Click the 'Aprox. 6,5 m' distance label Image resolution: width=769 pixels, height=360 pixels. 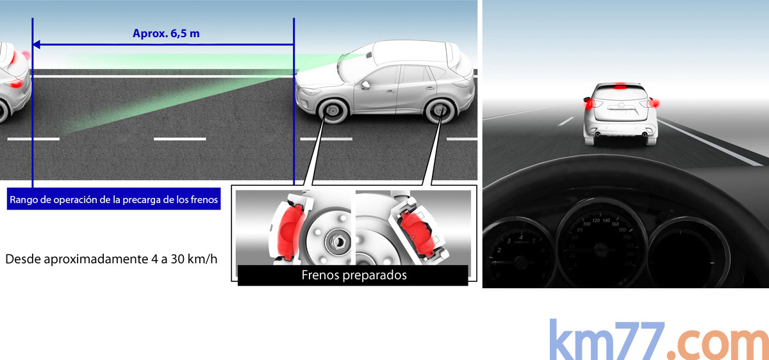(x=166, y=33)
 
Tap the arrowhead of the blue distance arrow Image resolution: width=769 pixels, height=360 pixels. (x=37, y=44)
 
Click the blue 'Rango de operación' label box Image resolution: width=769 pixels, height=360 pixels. (x=113, y=199)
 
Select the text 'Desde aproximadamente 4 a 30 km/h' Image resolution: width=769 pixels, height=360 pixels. (x=112, y=259)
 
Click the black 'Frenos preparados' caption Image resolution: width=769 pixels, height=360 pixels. (x=353, y=275)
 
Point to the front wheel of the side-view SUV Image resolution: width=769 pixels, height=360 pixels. (x=333, y=111)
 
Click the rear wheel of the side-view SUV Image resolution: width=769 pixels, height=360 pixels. (x=440, y=111)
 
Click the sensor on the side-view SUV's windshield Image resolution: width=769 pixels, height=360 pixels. (x=368, y=55)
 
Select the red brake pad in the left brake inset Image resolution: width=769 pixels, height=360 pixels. (x=290, y=232)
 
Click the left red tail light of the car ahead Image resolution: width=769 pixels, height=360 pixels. (x=590, y=103)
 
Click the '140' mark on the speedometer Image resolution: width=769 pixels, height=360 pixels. (x=606, y=220)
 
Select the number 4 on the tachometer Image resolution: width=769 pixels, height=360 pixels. (x=521, y=237)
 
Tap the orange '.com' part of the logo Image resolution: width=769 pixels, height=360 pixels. (x=718, y=344)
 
